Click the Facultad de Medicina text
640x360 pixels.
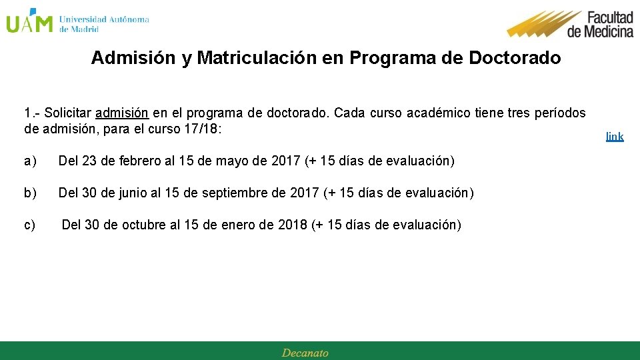click(x=600, y=24)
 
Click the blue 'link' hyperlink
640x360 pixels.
click(x=615, y=137)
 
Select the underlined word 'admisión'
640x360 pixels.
click(x=122, y=113)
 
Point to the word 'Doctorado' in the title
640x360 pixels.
click(x=515, y=58)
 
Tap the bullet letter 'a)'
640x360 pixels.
click(x=30, y=161)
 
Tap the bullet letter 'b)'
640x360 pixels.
click(x=30, y=193)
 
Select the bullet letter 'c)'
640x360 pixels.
click(x=30, y=225)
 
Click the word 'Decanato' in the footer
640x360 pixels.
click(x=305, y=353)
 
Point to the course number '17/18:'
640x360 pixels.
click(x=201, y=129)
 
